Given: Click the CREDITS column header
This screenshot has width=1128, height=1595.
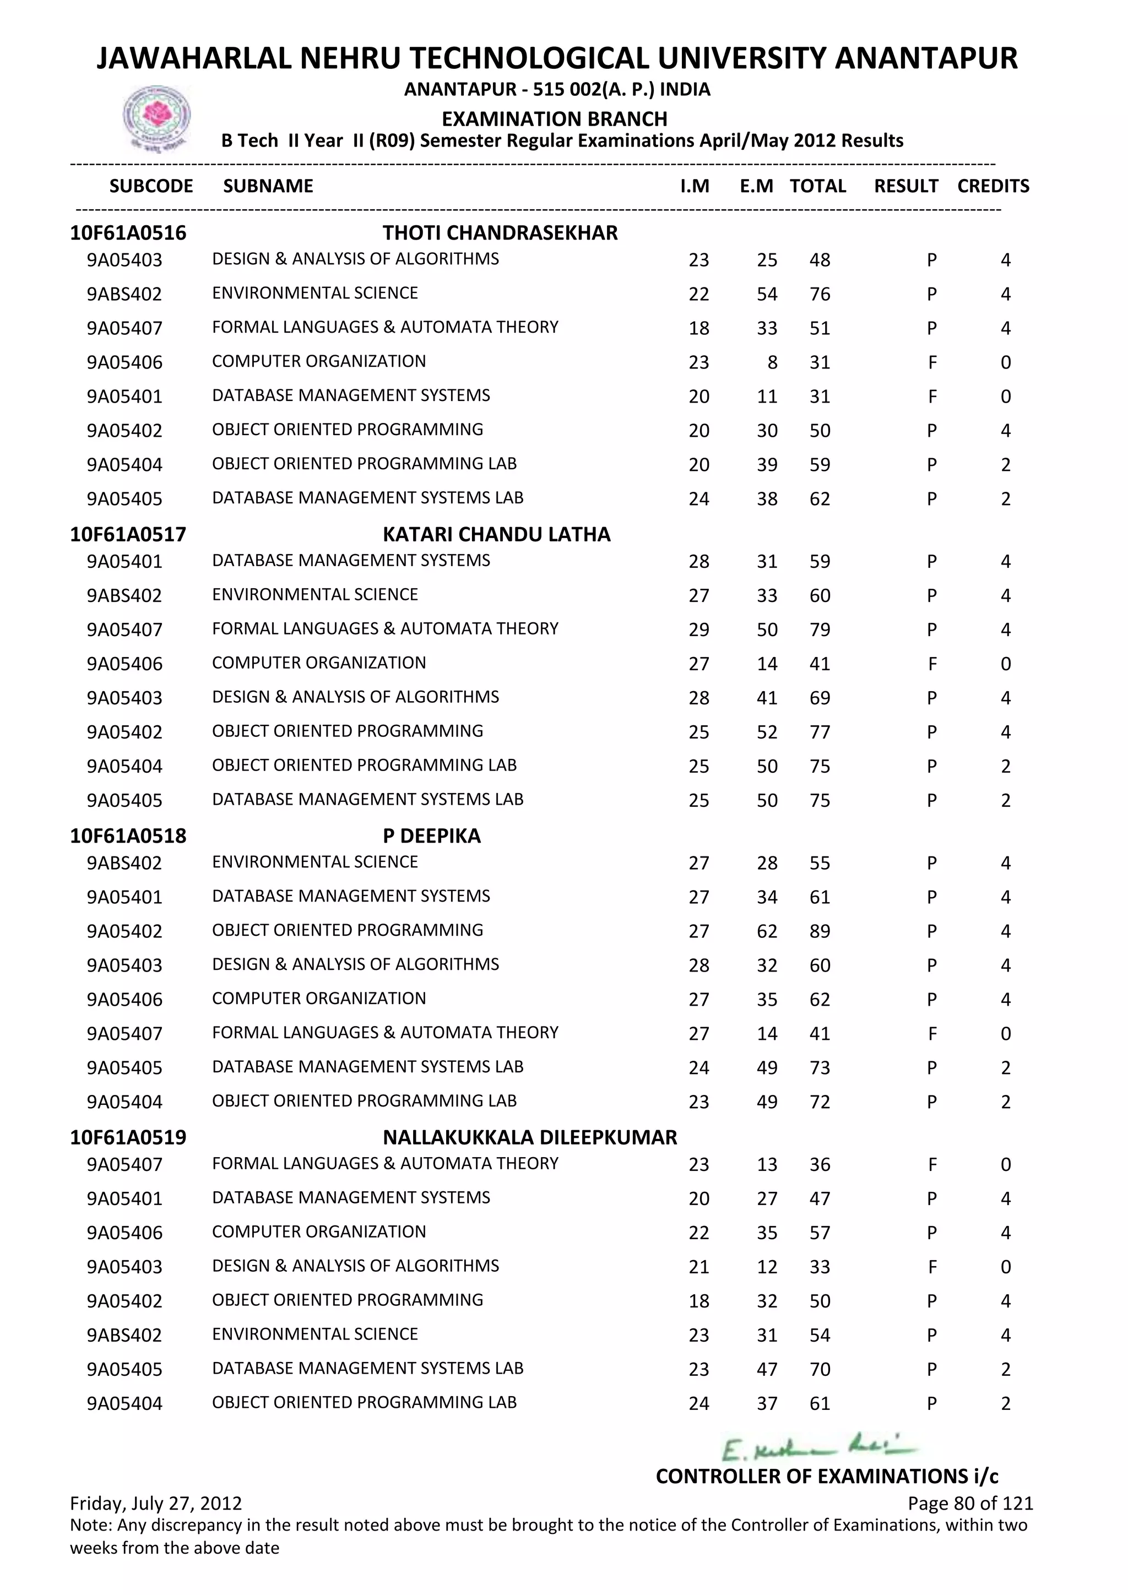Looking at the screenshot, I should pos(993,186).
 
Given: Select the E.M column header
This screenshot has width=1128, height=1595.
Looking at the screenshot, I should pos(756,186).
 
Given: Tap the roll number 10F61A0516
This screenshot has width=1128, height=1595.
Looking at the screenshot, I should pos(128,233).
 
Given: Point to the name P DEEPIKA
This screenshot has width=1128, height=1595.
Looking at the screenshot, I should pos(431,836).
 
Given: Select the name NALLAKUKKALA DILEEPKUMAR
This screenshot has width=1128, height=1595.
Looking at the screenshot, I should pos(529,1137).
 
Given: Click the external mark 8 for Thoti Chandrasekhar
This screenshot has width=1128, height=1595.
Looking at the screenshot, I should pos(772,362).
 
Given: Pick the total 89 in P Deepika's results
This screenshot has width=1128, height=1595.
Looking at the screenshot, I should pos(820,931).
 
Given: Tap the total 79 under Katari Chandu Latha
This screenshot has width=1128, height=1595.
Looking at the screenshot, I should pos(820,630).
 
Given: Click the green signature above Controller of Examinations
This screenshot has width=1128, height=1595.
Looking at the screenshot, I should pos(820,1448).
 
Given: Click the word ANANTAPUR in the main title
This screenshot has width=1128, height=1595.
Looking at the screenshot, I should pos(925,58).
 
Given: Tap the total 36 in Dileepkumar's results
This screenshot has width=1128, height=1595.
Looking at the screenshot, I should pos(820,1165).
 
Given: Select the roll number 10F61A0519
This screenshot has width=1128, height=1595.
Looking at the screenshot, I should pos(128,1137).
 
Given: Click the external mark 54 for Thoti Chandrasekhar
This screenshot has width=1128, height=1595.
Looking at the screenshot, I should pos(767,295).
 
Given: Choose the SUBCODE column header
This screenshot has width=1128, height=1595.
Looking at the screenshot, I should pos(151,186).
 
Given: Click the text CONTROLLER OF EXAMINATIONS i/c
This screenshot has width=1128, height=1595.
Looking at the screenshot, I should pos(827,1476).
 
